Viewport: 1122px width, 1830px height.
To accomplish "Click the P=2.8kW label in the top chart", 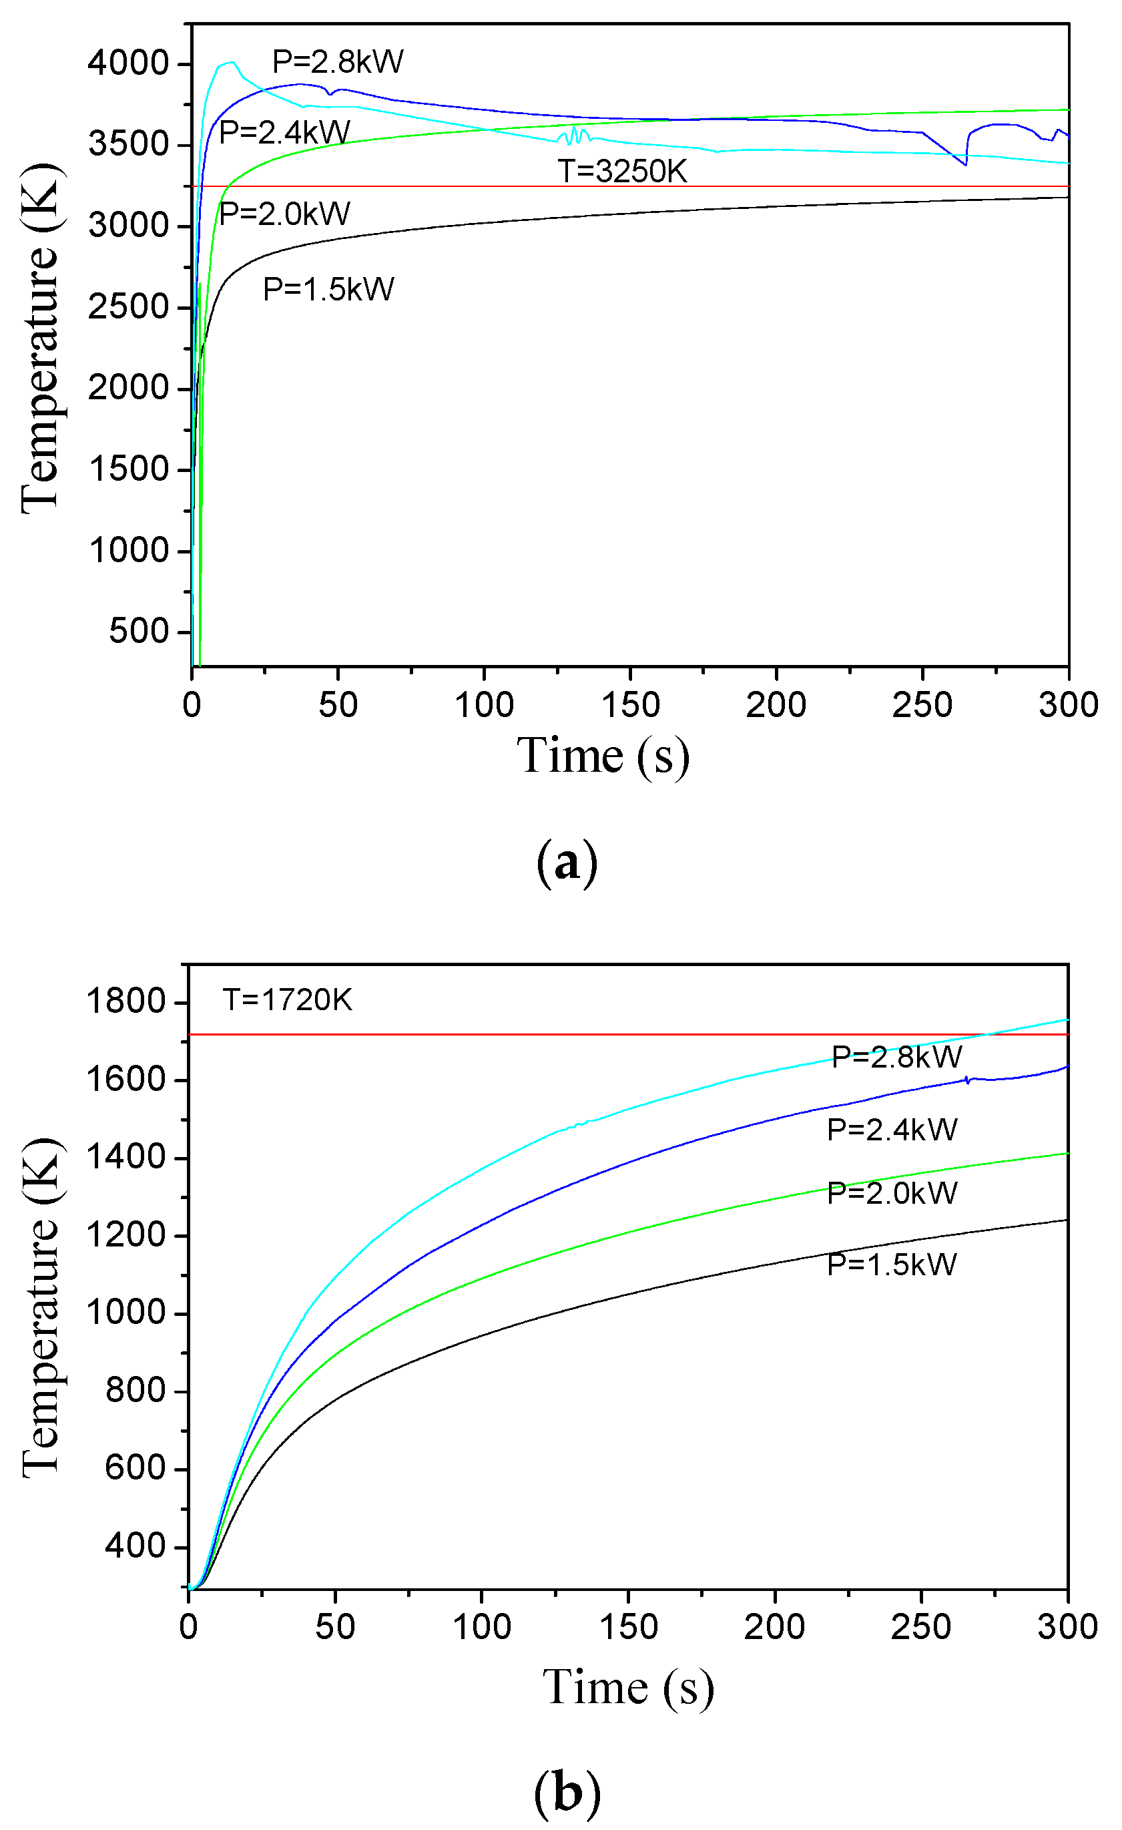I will click(x=337, y=61).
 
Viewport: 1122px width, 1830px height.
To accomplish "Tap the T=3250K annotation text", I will click(x=622, y=172).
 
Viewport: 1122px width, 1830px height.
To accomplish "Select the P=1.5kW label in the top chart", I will click(x=328, y=289).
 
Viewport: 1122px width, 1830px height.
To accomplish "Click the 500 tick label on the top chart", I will click(x=139, y=632).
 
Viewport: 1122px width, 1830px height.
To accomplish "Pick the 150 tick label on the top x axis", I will click(x=629, y=705).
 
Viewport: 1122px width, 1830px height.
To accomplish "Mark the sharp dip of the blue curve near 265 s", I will click(x=965, y=164).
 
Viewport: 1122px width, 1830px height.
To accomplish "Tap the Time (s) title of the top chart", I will click(x=603, y=756).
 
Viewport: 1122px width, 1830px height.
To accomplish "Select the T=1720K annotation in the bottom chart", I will click(x=288, y=1000).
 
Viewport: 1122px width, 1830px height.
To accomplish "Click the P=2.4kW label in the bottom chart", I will click(x=892, y=1130).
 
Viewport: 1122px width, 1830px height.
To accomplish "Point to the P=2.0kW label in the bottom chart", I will click(x=892, y=1193).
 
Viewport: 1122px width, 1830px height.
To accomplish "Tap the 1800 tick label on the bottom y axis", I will click(x=125, y=1001).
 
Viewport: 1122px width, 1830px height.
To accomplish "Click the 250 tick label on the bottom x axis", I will click(x=921, y=1627).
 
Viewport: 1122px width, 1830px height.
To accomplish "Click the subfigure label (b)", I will click(x=567, y=1793).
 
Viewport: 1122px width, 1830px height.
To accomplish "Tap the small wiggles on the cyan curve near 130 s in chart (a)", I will click(x=574, y=134).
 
